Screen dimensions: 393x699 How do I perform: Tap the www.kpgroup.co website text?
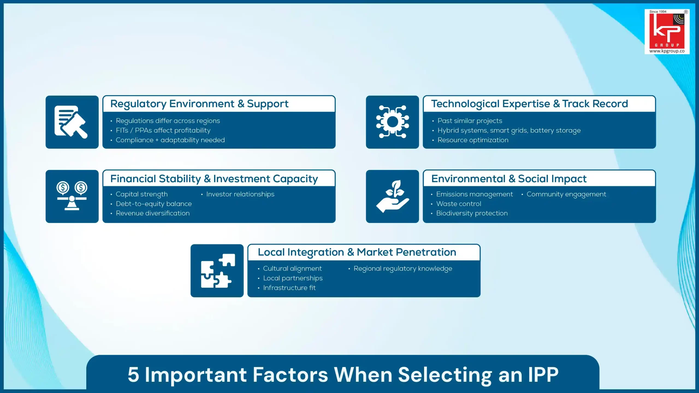667,51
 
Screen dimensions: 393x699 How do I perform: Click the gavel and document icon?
72,122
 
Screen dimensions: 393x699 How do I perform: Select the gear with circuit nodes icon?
392,122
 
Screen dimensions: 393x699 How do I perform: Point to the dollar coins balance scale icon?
72,196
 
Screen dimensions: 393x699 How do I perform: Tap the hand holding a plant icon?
392,196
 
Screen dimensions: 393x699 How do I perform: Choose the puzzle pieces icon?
217,270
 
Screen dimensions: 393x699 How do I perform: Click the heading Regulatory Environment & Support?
199,104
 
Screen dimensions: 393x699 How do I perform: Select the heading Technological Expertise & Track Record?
529,104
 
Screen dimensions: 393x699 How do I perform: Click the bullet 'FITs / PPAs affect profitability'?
163,130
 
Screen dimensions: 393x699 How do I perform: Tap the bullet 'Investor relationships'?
240,194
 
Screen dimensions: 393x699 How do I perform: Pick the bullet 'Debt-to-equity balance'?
154,204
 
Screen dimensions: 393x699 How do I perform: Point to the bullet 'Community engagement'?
566,194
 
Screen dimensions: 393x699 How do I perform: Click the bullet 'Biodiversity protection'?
472,213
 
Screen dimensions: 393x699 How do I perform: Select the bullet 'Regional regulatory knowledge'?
403,269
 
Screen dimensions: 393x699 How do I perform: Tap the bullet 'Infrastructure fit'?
289,288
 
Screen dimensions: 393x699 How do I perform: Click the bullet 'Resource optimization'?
473,140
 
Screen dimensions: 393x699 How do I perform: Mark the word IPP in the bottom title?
543,374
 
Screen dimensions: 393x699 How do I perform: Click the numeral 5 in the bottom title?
134,374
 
